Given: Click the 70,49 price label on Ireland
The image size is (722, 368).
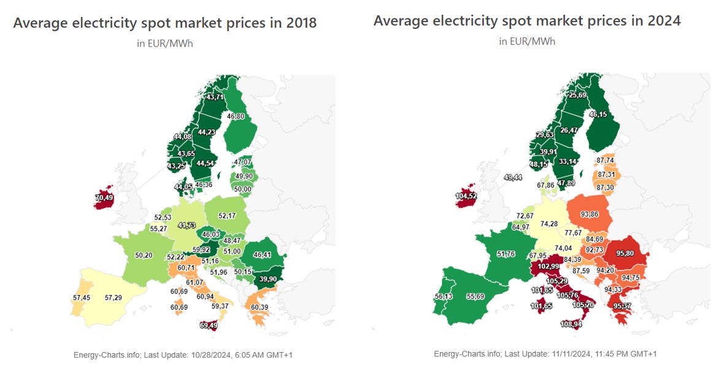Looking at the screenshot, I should tap(104, 197).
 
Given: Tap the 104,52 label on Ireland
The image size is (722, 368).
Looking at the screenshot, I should tap(466, 196).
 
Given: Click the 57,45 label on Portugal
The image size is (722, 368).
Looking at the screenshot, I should tap(81, 297).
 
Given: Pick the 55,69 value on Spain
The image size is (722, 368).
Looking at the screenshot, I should tap(475, 296).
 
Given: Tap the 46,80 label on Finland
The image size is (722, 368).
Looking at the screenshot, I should tap(236, 116).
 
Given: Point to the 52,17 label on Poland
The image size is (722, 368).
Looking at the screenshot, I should tap(227, 216).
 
